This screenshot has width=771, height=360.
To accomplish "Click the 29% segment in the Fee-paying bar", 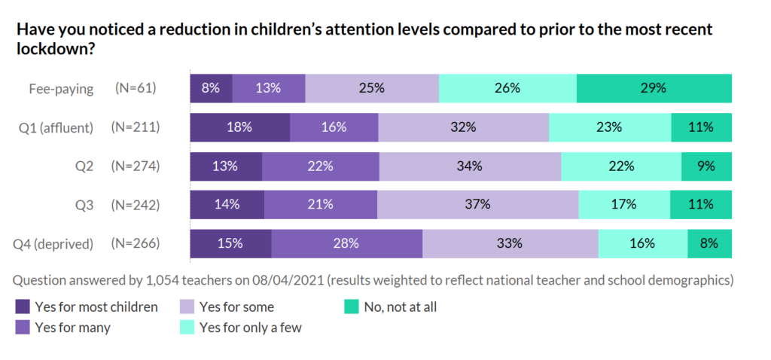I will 654,88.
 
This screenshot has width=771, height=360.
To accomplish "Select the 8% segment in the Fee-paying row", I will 211,88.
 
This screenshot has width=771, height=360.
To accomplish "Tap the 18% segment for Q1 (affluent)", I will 239,127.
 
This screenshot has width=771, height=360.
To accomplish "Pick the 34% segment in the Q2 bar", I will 470,166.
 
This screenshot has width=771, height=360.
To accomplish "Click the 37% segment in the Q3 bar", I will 477,205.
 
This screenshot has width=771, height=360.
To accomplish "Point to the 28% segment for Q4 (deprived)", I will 347,243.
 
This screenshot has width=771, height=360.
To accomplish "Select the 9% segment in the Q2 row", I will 706,166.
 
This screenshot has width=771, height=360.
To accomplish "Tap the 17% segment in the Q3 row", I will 624,205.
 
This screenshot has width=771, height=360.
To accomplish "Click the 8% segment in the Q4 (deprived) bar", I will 709,243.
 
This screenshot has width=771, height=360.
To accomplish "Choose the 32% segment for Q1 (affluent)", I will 463,127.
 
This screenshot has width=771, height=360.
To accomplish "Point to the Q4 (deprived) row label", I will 53,244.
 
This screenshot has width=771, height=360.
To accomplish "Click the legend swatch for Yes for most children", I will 23,307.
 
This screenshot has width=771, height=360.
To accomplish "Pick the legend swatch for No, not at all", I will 352,307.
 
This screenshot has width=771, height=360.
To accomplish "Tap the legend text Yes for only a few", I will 251,327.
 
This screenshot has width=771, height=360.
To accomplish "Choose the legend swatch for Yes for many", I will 23,327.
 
